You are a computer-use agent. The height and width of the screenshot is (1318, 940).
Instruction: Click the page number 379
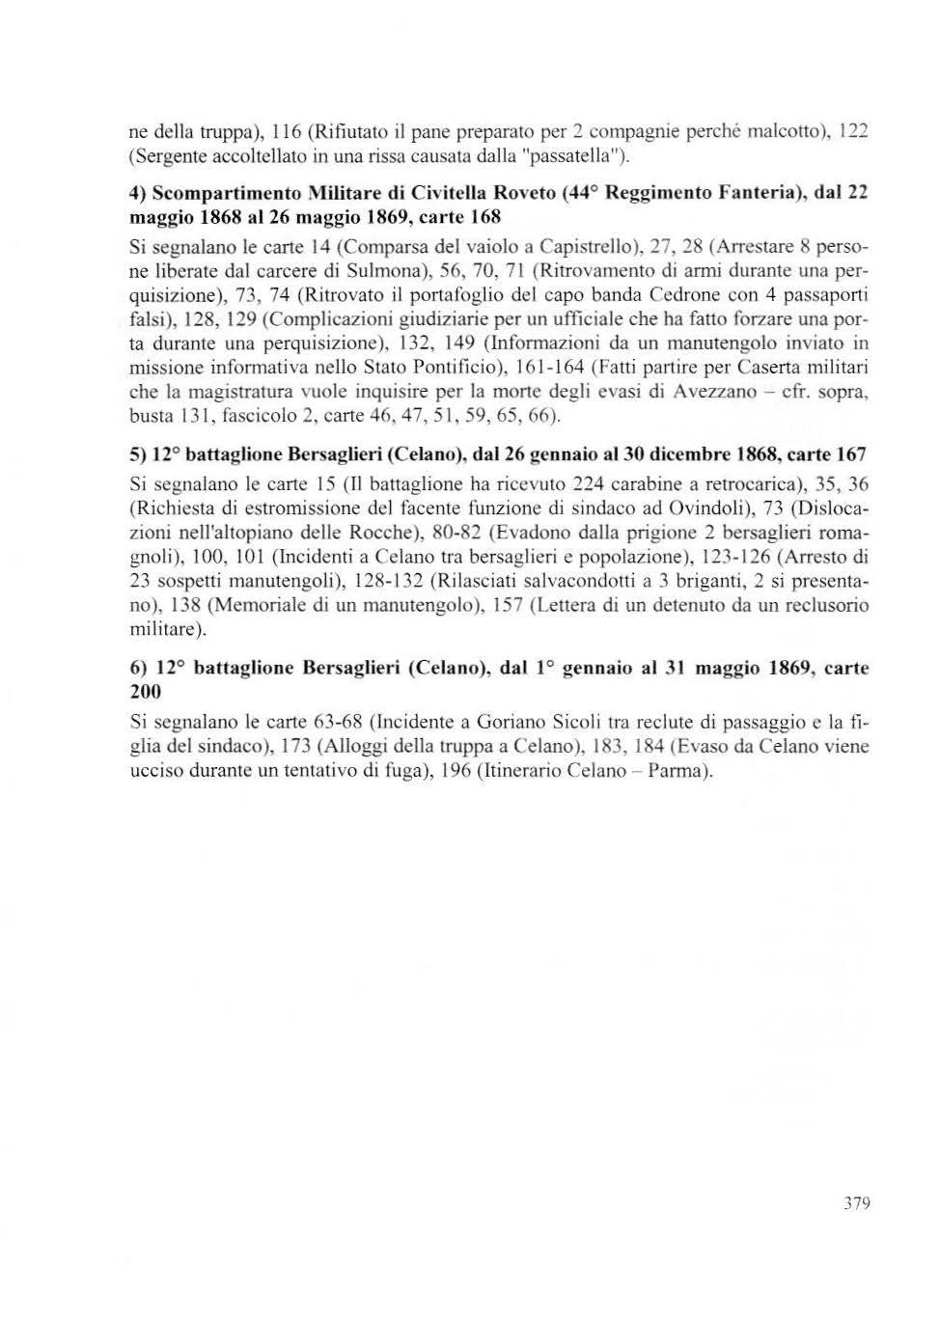(x=856, y=1202)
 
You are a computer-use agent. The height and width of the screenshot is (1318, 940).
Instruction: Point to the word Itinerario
(x=521, y=771)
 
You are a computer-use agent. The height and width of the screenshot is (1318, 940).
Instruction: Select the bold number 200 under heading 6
(x=145, y=691)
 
